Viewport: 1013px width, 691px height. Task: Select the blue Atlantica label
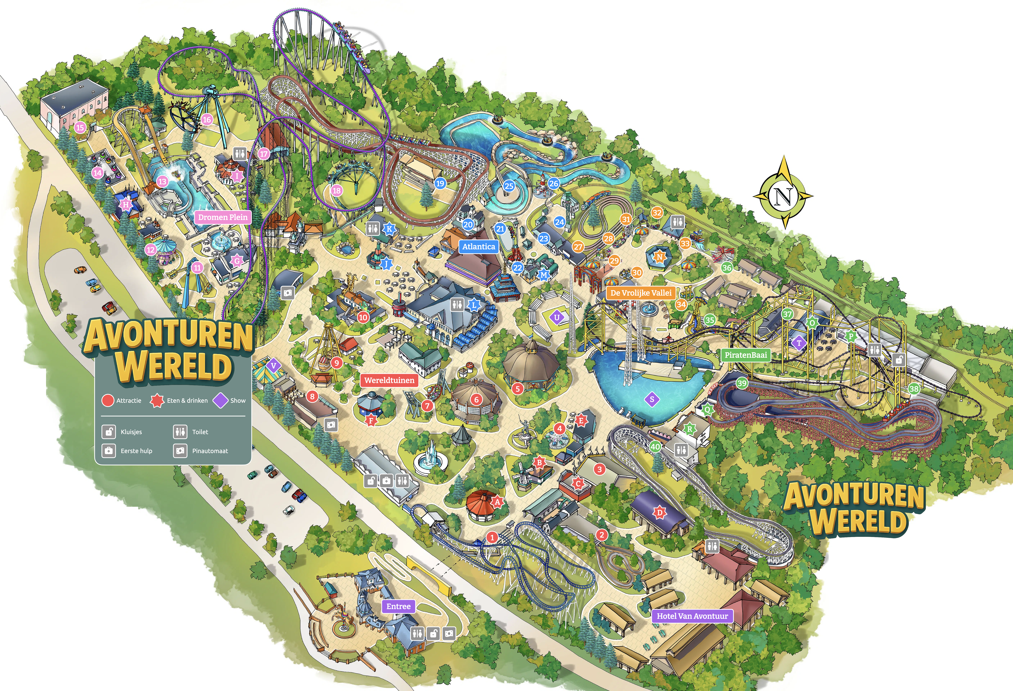click(x=479, y=246)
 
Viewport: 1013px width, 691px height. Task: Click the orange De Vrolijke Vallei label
click(x=640, y=293)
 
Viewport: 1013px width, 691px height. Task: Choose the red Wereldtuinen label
click(x=389, y=380)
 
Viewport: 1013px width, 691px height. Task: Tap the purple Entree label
click(x=398, y=606)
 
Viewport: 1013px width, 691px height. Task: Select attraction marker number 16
click(x=207, y=119)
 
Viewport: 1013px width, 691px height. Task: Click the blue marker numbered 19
click(x=440, y=183)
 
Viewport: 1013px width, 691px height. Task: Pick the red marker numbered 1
click(x=492, y=537)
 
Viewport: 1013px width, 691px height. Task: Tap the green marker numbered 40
click(x=655, y=446)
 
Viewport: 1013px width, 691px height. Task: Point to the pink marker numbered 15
click(x=80, y=127)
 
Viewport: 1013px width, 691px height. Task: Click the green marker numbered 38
click(x=914, y=388)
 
